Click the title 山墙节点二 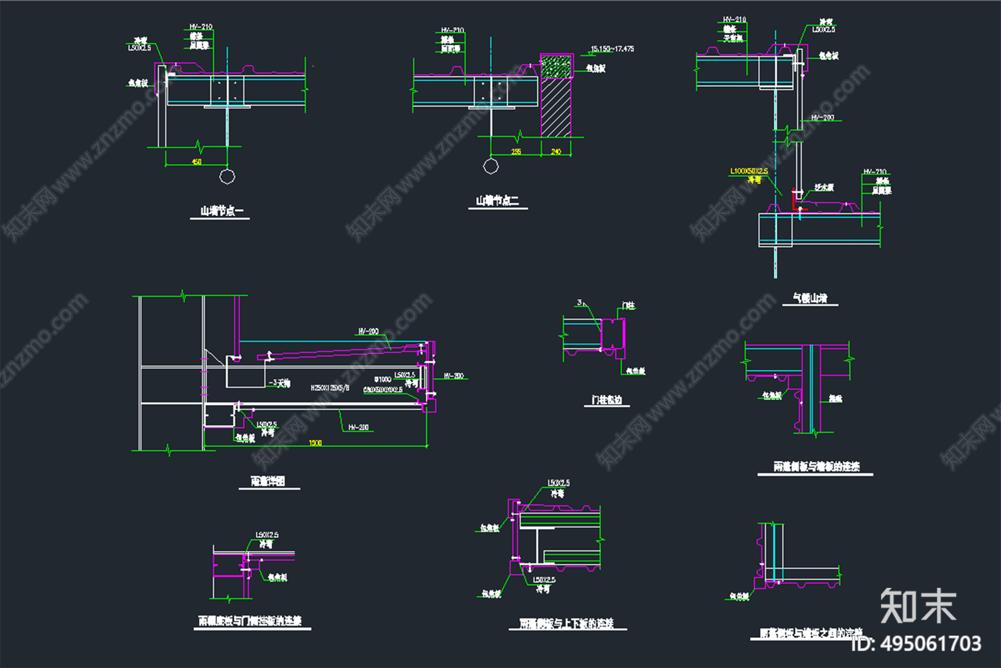click(497, 201)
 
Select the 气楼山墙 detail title click(810, 298)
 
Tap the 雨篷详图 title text click(268, 481)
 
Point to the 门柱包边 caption click(607, 399)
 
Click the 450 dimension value click(196, 162)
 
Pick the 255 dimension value click(516, 152)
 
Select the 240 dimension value click(556, 152)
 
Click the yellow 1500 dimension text click(315, 443)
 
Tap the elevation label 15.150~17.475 click(612, 49)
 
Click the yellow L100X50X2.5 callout click(749, 171)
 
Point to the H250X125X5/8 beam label click(330, 388)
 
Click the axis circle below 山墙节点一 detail click(227, 176)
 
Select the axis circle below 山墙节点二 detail click(491, 166)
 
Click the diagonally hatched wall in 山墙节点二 click(556, 106)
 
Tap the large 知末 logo click(918, 605)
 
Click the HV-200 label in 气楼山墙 click(823, 118)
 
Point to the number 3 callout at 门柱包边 click(579, 303)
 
